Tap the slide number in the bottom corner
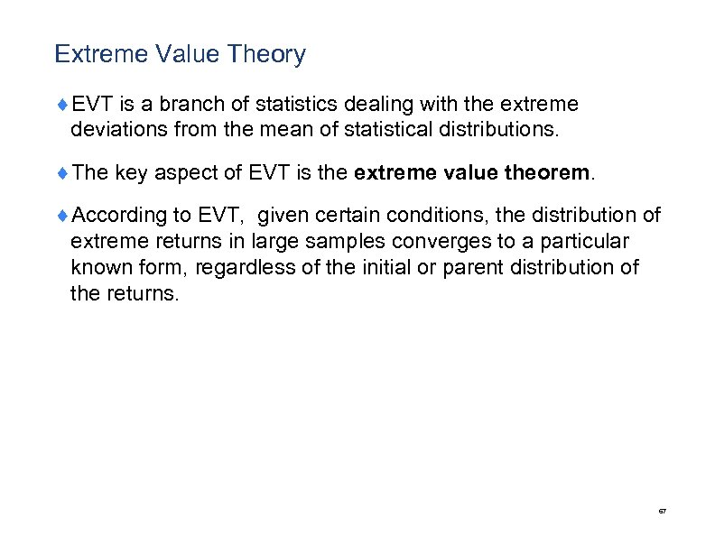pos(662,512)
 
